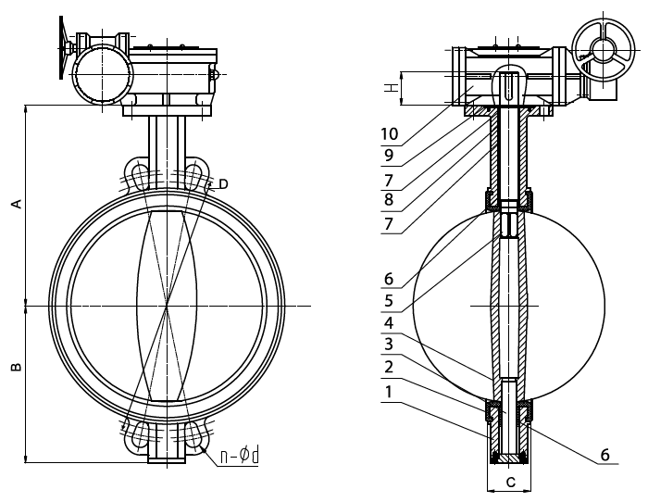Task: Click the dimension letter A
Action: pos(16,204)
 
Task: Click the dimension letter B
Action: pos(16,367)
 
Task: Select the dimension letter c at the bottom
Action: pos(511,482)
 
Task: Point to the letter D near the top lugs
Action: pos(223,184)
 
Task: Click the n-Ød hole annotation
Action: pos(239,456)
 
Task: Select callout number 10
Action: pos(390,134)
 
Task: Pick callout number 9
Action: pos(389,156)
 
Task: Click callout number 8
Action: pos(389,199)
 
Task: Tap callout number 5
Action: pos(389,301)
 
